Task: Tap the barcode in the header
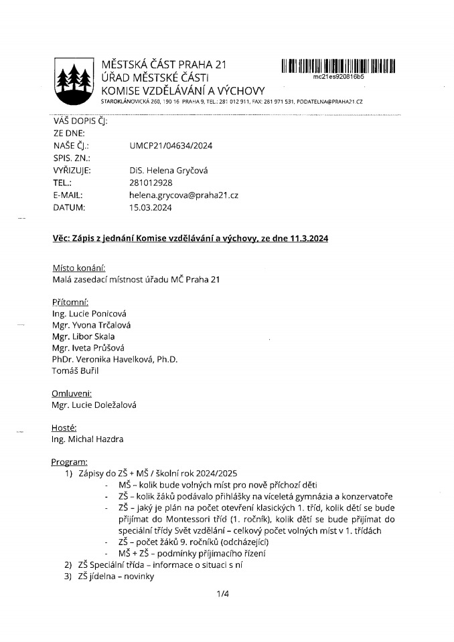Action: point(338,66)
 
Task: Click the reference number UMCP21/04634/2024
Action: point(170,145)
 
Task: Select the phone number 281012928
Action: point(151,183)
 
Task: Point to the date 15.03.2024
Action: point(151,208)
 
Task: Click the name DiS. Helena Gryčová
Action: point(169,171)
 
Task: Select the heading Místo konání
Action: point(78,267)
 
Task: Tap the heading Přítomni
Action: point(70,302)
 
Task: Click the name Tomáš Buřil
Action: point(75,370)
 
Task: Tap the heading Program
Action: point(70,462)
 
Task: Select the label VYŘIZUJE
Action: point(71,171)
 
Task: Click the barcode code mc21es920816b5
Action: point(338,78)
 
